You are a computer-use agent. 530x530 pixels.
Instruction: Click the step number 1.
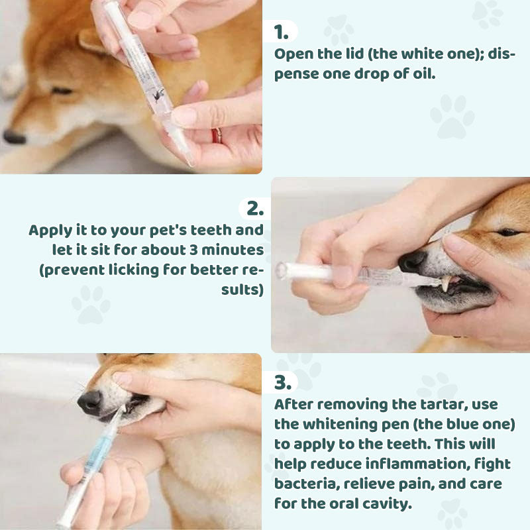pos(281,32)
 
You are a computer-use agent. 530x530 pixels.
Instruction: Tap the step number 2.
pos(255,209)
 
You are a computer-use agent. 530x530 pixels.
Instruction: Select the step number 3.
pos(283,383)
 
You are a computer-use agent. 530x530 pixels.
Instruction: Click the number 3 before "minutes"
pos(193,250)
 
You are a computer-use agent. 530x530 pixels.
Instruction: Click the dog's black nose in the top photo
pos(14,137)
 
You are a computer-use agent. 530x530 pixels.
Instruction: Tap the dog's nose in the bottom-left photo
pos(90,403)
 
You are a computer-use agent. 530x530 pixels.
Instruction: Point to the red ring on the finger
pos(217,136)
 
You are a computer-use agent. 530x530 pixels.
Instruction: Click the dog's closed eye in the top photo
pos(62,91)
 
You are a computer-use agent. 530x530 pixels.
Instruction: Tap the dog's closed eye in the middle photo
pos(509,233)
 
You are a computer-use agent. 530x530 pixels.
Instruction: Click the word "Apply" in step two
pos(51,231)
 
